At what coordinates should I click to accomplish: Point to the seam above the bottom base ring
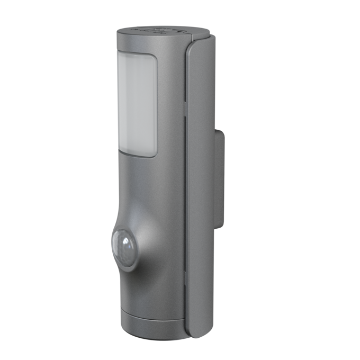(151, 312)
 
